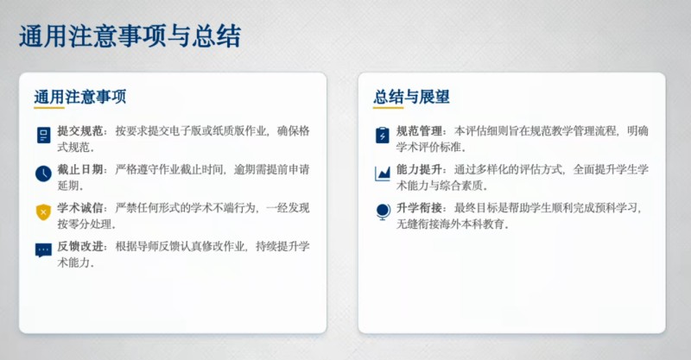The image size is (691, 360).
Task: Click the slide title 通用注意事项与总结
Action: pyautogui.click(x=130, y=36)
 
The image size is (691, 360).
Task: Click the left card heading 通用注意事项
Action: pyautogui.click(x=80, y=97)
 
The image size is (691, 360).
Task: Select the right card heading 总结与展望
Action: pyautogui.click(x=411, y=97)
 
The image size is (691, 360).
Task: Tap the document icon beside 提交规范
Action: pyautogui.click(x=43, y=135)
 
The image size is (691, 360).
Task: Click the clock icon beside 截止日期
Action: pyautogui.click(x=43, y=174)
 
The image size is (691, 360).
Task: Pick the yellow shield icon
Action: pyautogui.click(x=43, y=212)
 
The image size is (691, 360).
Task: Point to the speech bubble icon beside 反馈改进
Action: pyautogui.click(x=43, y=250)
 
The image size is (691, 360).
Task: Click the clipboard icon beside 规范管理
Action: pyautogui.click(x=382, y=135)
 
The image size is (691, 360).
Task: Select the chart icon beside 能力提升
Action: pyautogui.click(x=382, y=174)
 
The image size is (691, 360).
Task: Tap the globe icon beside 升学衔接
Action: pyautogui.click(x=383, y=212)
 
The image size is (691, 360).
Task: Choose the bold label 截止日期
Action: pyautogui.click(x=79, y=169)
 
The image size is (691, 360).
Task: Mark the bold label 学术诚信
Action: pyautogui.click(x=79, y=207)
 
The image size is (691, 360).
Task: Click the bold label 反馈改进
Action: pyautogui.click(x=79, y=246)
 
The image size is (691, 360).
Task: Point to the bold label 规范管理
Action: pyautogui.click(x=419, y=131)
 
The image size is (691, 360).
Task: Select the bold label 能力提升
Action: pyautogui.click(x=419, y=169)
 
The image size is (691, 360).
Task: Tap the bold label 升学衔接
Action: pyautogui.click(x=419, y=207)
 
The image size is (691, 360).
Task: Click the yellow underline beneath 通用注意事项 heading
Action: pyautogui.click(x=49, y=108)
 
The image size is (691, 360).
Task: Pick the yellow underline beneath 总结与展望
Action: pyautogui.click(x=388, y=108)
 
